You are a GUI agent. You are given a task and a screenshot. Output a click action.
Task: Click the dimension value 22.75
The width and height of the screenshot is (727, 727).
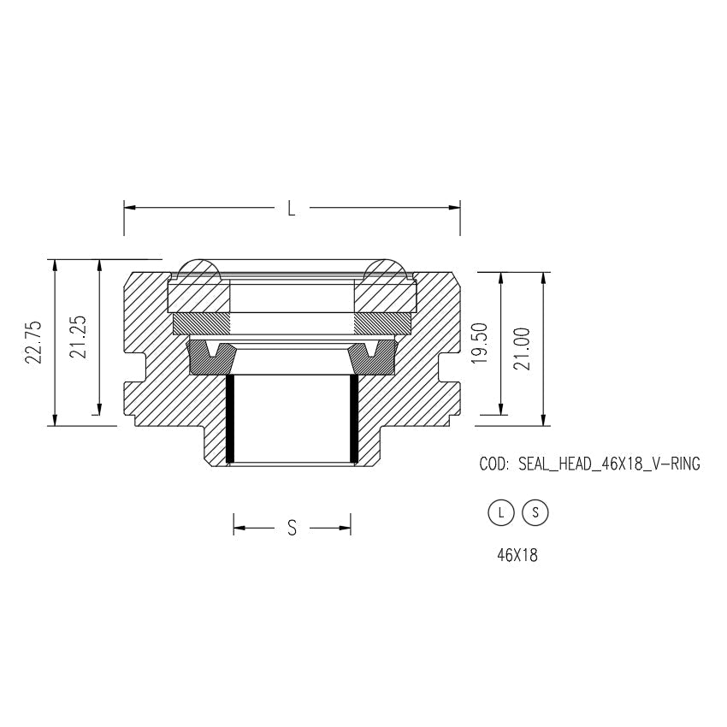[x=33, y=342]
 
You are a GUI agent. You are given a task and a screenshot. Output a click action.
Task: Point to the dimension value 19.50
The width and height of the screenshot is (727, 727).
[x=480, y=344]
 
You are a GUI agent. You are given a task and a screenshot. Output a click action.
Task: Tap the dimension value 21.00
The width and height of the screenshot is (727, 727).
[x=523, y=347]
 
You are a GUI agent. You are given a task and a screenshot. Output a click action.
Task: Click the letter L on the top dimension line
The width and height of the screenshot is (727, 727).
[x=292, y=208]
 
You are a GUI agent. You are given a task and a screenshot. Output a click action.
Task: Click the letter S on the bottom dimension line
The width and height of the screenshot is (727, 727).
[x=292, y=529]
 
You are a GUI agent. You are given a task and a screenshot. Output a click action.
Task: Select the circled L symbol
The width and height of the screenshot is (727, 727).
[x=500, y=512]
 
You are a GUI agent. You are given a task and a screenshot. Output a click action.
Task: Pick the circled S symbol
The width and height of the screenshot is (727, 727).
[x=535, y=512]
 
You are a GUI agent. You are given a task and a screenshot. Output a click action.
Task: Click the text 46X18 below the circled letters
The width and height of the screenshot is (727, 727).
[x=517, y=555]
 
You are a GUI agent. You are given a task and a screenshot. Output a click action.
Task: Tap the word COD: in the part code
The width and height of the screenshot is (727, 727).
[x=494, y=464]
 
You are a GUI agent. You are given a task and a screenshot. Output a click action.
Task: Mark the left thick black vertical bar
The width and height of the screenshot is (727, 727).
[x=229, y=419]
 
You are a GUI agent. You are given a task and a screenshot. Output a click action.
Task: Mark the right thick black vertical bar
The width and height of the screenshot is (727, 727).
[x=354, y=419]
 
